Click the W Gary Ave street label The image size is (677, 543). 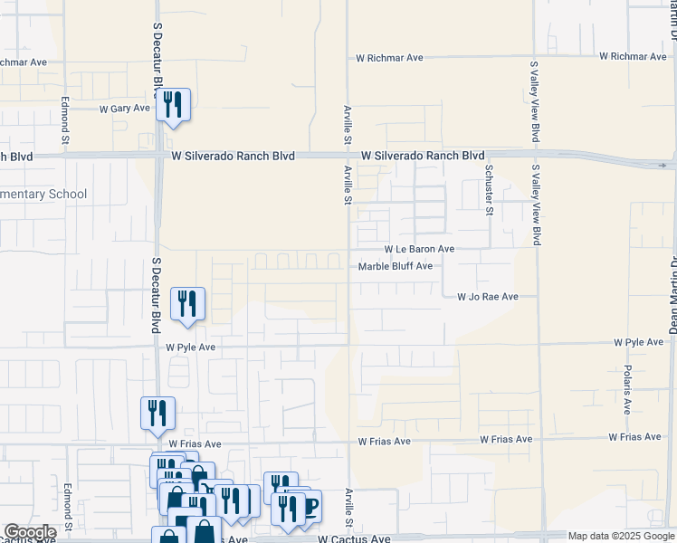coord(124,109)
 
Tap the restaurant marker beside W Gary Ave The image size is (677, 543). coord(173,105)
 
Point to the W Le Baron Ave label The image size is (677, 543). coord(419,249)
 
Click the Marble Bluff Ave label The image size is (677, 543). coord(396,266)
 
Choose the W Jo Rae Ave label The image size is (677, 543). coord(487,297)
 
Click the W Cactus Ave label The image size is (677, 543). coord(354,539)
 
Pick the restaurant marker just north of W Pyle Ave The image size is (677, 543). coord(187,304)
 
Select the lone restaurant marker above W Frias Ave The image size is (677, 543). coord(157,413)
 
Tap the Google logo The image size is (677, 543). coord(29,532)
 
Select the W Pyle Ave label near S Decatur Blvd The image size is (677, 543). coord(190,347)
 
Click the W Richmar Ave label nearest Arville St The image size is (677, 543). coord(389,58)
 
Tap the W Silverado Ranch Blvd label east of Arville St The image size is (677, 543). coord(422,156)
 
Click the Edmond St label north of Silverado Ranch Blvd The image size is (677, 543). coord(65,120)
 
